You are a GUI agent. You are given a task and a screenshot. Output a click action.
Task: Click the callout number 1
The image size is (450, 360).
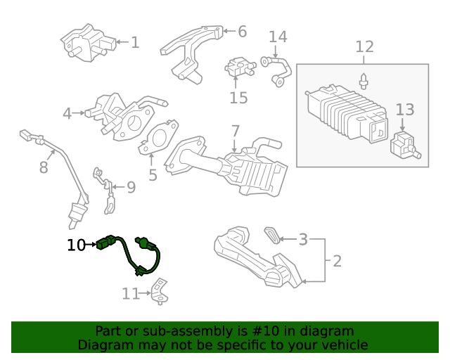135,43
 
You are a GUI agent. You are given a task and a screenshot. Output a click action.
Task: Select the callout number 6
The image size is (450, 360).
242,32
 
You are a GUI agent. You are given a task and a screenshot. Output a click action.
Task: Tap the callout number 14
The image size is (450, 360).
278,37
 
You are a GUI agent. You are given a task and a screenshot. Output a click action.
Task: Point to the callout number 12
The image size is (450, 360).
364,47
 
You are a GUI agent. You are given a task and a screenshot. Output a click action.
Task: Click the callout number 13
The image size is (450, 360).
405,110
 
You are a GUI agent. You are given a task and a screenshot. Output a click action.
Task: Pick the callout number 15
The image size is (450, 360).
239,98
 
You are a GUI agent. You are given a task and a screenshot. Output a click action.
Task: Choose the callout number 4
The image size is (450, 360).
67,113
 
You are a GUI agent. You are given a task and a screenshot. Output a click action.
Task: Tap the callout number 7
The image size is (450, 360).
235,131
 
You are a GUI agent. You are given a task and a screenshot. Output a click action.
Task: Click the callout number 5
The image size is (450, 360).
153,175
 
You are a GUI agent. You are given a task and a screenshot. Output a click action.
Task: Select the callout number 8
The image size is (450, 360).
44,167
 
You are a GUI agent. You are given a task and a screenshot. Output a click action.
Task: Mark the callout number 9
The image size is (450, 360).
131,187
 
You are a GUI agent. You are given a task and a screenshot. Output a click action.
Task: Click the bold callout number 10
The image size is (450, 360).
76,245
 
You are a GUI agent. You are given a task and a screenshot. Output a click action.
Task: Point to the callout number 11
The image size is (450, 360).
131,294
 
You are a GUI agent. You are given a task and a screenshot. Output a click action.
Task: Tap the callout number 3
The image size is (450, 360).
303,240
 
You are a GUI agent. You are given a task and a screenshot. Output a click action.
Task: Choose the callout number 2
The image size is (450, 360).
337,262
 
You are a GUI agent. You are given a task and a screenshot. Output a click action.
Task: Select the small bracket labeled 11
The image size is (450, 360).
161,292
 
